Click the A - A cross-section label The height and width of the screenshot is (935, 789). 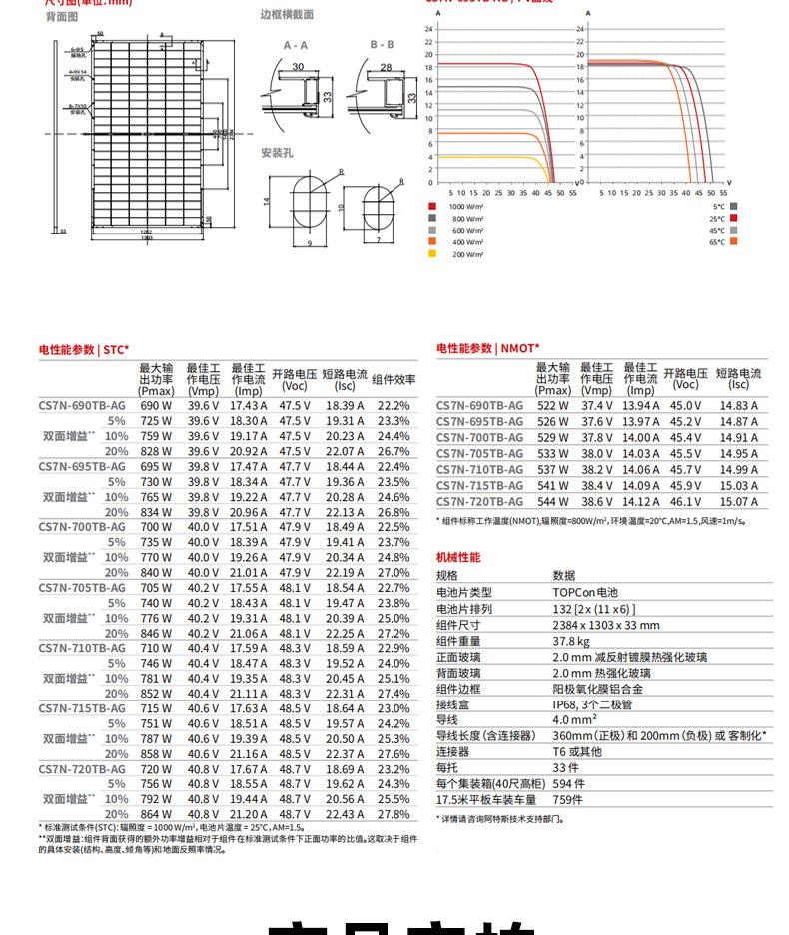click(x=295, y=45)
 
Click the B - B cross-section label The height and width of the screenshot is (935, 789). click(x=382, y=45)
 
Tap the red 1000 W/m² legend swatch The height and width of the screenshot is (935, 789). click(x=432, y=205)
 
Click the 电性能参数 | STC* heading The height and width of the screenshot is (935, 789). click(x=84, y=349)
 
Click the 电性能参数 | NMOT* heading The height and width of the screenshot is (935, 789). click(x=487, y=348)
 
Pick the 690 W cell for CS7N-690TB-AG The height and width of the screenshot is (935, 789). click(x=155, y=406)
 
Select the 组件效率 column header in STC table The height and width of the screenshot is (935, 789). click(x=394, y=379)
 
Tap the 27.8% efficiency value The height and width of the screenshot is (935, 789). click(x=394, y=814)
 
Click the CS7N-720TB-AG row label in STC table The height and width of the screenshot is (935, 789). click(x=82, y=769)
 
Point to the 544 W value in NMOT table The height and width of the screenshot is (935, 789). click(x=552, y=501)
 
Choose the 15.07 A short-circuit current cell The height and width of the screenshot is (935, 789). click(x=738, y=501)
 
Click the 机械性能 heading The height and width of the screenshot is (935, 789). click(x=458, y=557)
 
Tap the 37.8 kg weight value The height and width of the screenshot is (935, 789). click(x=571, y=641)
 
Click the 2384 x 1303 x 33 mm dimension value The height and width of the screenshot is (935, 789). click(x=606, y=625)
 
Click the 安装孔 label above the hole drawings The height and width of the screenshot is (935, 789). click(x=277, y=153)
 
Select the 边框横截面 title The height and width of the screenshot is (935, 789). click(x=287, y=15)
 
